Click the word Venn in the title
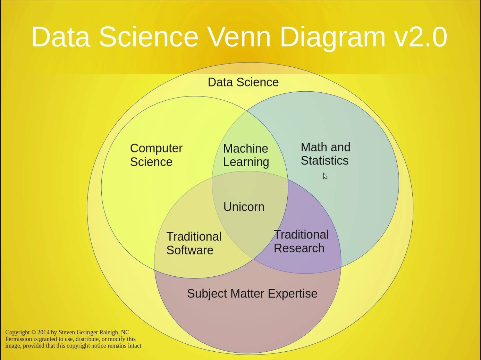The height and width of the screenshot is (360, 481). (239, 36)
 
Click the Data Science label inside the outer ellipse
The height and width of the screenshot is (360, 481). (243, 82)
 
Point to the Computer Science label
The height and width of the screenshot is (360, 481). (156, 155)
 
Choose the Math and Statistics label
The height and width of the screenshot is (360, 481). (326, 154)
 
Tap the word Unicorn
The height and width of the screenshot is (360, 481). (244, 207)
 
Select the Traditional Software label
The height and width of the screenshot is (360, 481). (194, 243)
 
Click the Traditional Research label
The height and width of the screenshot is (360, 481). (301, 241)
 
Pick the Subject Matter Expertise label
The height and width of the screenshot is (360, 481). (252, 294)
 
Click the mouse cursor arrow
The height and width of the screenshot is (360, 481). (325, 176)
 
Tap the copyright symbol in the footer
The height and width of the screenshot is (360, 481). (33, 332)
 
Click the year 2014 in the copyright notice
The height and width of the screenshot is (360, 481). (43, 332)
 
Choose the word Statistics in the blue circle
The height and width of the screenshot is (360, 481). (324, 161)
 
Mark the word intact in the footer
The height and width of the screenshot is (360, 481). (135, 346)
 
